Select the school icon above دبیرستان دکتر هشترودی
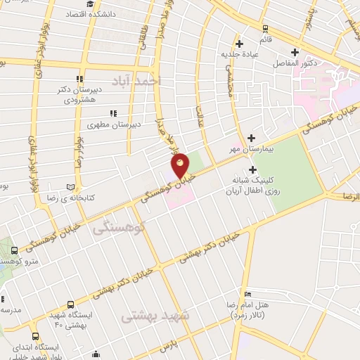coord(79,79)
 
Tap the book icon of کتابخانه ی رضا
coord(69,186)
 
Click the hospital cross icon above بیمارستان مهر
coord(251,139)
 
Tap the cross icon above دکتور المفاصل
coord(295,51)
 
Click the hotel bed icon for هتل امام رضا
coord(247,294)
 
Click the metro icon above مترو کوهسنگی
coord(13,251)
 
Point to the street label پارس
coord(165,347)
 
